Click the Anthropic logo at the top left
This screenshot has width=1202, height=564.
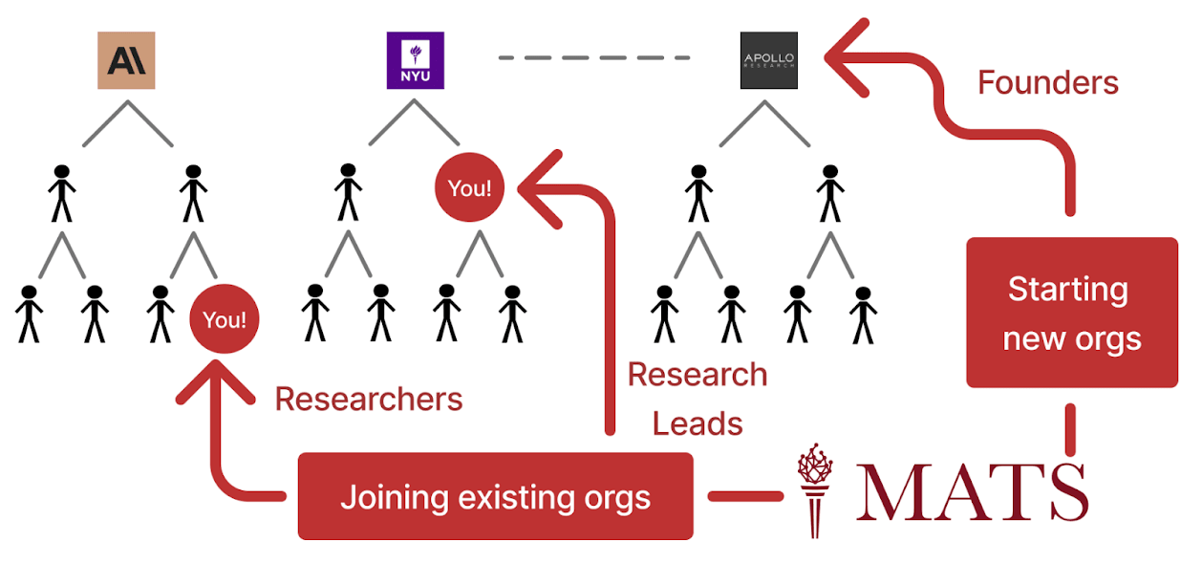click(x=126, y=60)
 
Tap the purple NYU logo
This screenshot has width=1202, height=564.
click(x=415, y=60)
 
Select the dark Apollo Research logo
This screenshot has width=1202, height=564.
click(x=768, y=60)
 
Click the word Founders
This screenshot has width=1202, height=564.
click(x=1047, y=83)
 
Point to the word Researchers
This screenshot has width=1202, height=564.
click(x=368, y=399)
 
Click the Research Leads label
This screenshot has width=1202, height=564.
click(x=698, y=398)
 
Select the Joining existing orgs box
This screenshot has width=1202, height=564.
click(x=495, y=497)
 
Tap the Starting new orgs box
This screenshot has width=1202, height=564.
click(x=1072, y=313)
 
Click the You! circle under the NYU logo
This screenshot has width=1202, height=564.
click(x=469, y=188)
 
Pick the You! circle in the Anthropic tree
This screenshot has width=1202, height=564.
click(x=225, y=319)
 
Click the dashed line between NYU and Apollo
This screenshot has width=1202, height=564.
click(x=593, y=58)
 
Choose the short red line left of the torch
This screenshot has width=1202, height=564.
click(x=744, y=496)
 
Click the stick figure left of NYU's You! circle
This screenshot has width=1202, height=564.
click(x=348, y=192)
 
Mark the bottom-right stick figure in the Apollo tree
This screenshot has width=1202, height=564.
click(x=863, y=315)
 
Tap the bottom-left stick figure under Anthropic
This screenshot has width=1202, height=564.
click(x=29, y=314)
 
